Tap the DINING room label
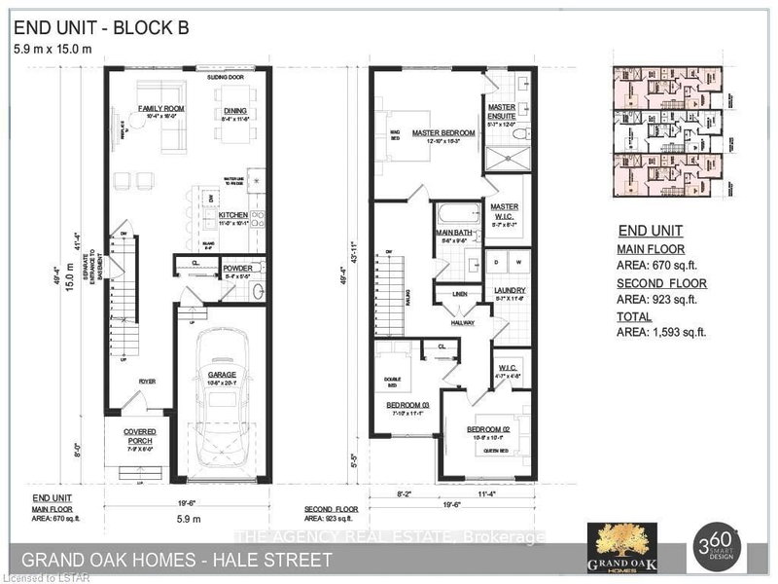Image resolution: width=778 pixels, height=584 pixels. click(234, 111)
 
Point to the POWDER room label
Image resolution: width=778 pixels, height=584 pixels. click(237, 266)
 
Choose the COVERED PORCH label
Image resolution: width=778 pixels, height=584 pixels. click(139, 435)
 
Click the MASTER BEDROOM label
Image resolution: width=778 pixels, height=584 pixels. click(442, 132)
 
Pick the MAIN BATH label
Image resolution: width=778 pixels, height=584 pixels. click(453, 232)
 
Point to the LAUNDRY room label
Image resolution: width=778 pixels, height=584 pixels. click(510, 290)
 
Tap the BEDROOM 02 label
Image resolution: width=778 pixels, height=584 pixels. click(488, 428)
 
